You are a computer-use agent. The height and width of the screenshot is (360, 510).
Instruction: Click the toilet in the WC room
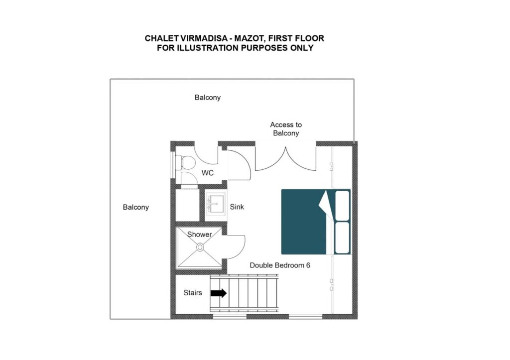(x=185, y=162)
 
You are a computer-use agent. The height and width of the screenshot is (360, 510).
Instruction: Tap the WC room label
(x=208, y=173)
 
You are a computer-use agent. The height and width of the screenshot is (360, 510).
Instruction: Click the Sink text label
(x=237, y=207)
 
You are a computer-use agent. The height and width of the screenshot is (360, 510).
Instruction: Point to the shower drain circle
(x=200, y=247)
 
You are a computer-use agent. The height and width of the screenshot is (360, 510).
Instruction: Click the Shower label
(x=199, y=234)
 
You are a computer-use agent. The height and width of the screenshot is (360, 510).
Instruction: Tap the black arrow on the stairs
(x=219, y=293)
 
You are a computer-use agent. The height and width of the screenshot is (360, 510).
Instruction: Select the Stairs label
(x=193, y=293)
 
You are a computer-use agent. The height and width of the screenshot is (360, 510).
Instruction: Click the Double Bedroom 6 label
(x=280, y=265)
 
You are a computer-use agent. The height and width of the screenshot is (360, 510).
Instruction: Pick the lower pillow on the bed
(x=342, y=238)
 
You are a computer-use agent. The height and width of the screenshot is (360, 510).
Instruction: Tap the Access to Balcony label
(x=286, y=129)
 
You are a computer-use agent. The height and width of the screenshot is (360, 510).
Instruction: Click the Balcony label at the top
(x=208, y=98)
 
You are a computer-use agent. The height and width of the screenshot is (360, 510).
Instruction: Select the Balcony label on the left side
(x=135, y=207)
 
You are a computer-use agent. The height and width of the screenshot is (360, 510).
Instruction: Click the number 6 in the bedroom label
(x=308, y=265)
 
